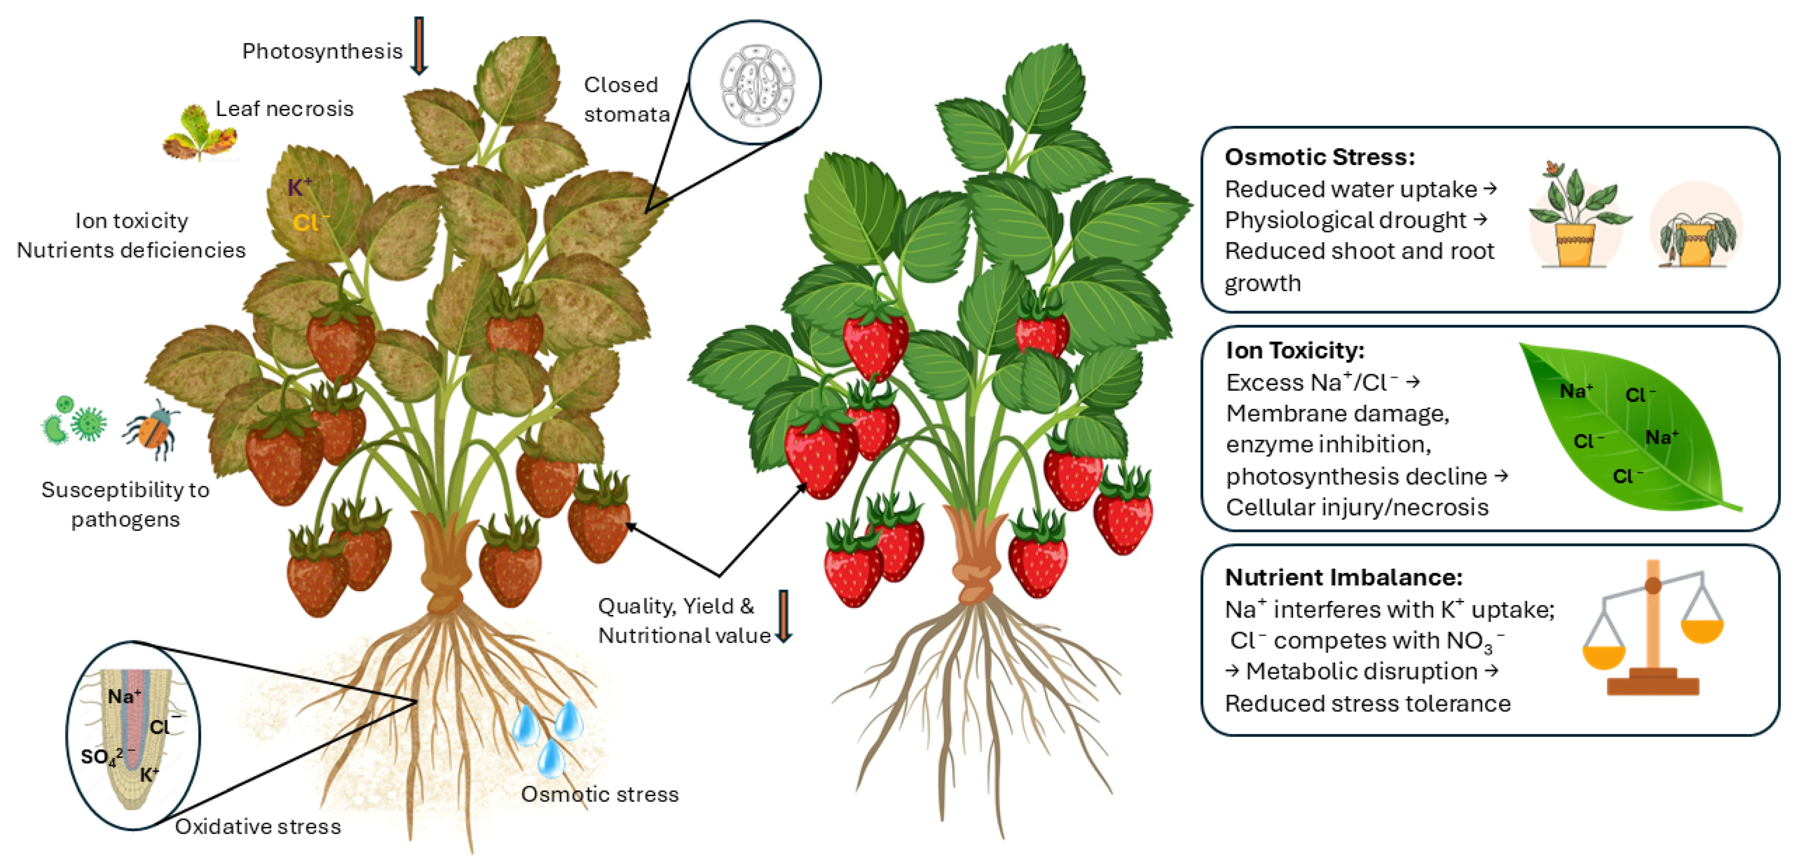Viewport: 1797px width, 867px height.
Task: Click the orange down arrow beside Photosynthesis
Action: tap(418, 45)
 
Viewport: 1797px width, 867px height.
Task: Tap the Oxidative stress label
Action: tap(258, 827)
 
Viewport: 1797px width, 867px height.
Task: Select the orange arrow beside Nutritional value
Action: tap(784, 616)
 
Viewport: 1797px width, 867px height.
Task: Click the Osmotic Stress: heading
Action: tap(1319, 157)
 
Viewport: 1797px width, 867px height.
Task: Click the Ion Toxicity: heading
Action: tap(1295, 350)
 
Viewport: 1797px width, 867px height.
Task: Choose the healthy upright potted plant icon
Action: tap(1578, 216)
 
